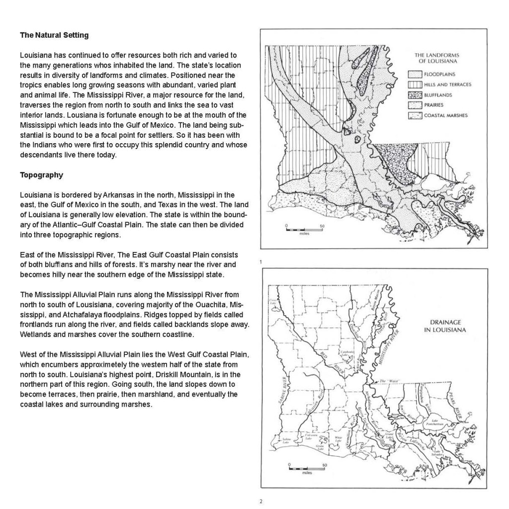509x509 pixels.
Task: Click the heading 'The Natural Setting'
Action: pyautogui.click(x=54, y=35)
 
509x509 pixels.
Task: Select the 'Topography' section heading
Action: pyautogui.click(x=41, y=175)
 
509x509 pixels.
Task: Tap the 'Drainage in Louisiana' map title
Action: pyautogui.click(x=445, y=326)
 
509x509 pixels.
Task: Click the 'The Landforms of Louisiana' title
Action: pyautogui.click(x=436, y=58)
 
